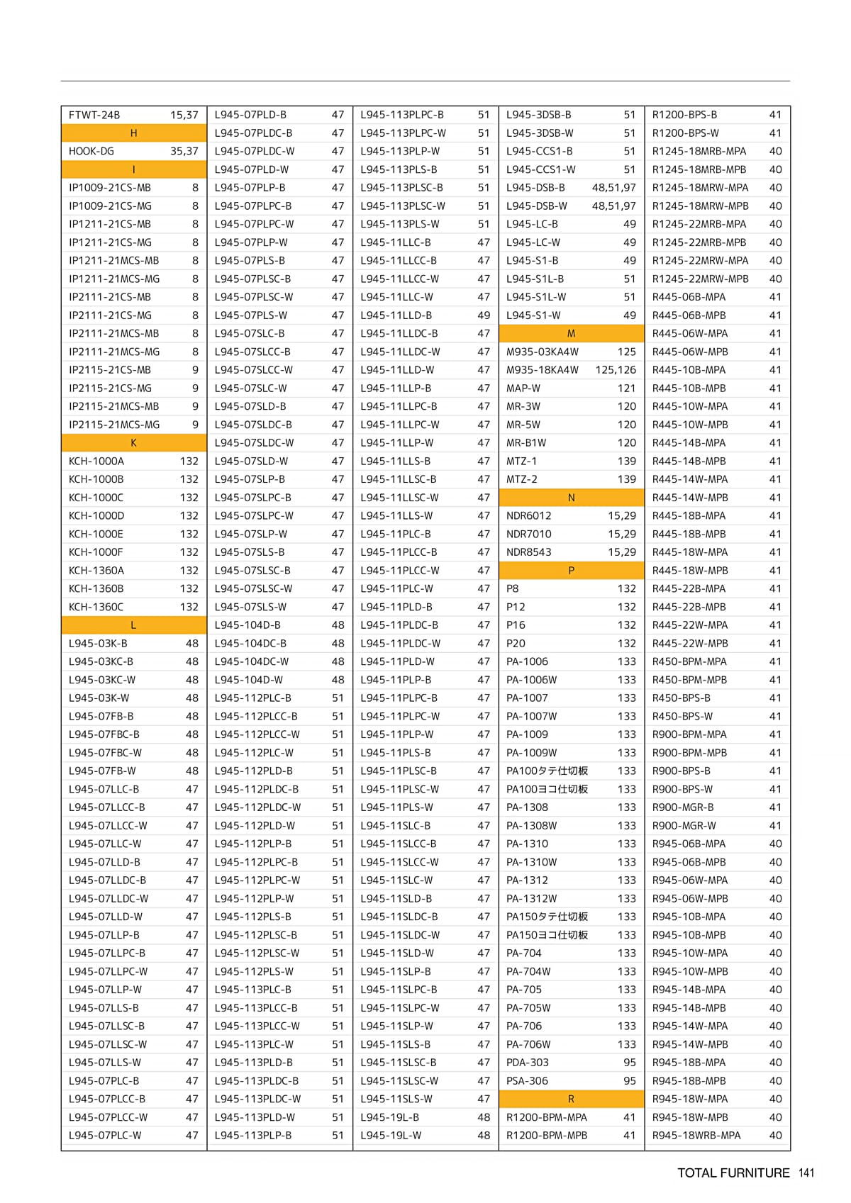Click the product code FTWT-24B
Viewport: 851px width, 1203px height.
click(x=94, y=115)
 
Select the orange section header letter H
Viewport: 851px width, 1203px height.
click(x=133, y=133)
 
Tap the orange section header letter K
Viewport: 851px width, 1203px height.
click(x=133, y=443)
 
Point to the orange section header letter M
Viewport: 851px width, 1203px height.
click(x=571, y=334)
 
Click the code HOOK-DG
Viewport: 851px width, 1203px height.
click(x=91, y=151)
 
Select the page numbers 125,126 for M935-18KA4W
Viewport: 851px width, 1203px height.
click(x=616, y=370)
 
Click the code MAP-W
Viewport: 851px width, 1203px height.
click(x=523, y=388)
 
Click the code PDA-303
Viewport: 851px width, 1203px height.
click(x=528, y=1063)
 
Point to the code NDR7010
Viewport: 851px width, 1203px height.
click(x=529, y=535)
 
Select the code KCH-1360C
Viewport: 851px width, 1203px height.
click(x=96, y=608)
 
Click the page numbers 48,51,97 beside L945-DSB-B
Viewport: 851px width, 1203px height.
click(x=613, y=188)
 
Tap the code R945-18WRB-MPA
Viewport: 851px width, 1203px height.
click(x=696, y=1136)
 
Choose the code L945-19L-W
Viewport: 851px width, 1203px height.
click(x=391, y=1136)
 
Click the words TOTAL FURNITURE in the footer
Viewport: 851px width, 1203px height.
click(x=733, y=1173)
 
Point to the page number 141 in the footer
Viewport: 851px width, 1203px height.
click(x=806, y=1173)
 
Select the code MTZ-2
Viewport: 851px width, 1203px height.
click(x=522, y=479)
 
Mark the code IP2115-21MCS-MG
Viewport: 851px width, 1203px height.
click(x=114, y=425)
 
